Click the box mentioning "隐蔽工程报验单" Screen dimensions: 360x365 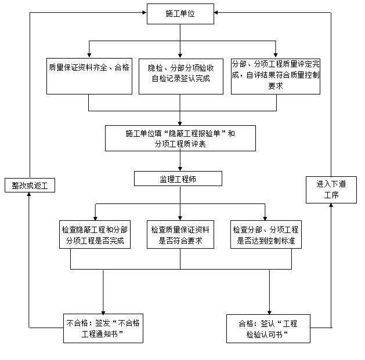pyautogui.click(x=180, y=139)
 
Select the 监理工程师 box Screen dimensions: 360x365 pyautogui.click(x=178, y=179)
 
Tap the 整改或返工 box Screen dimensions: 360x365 pyautogui.click(x=30, y=185)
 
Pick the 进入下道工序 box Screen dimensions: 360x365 pyautogui.click(x=331, y=190)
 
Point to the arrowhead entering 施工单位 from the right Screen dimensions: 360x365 pyautogui.click(x=218, y=13)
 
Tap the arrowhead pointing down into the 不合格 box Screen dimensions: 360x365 pyautogui.click(x=104, y=311)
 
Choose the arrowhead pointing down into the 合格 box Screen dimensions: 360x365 pyautogui.click(x=270, y=311)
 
